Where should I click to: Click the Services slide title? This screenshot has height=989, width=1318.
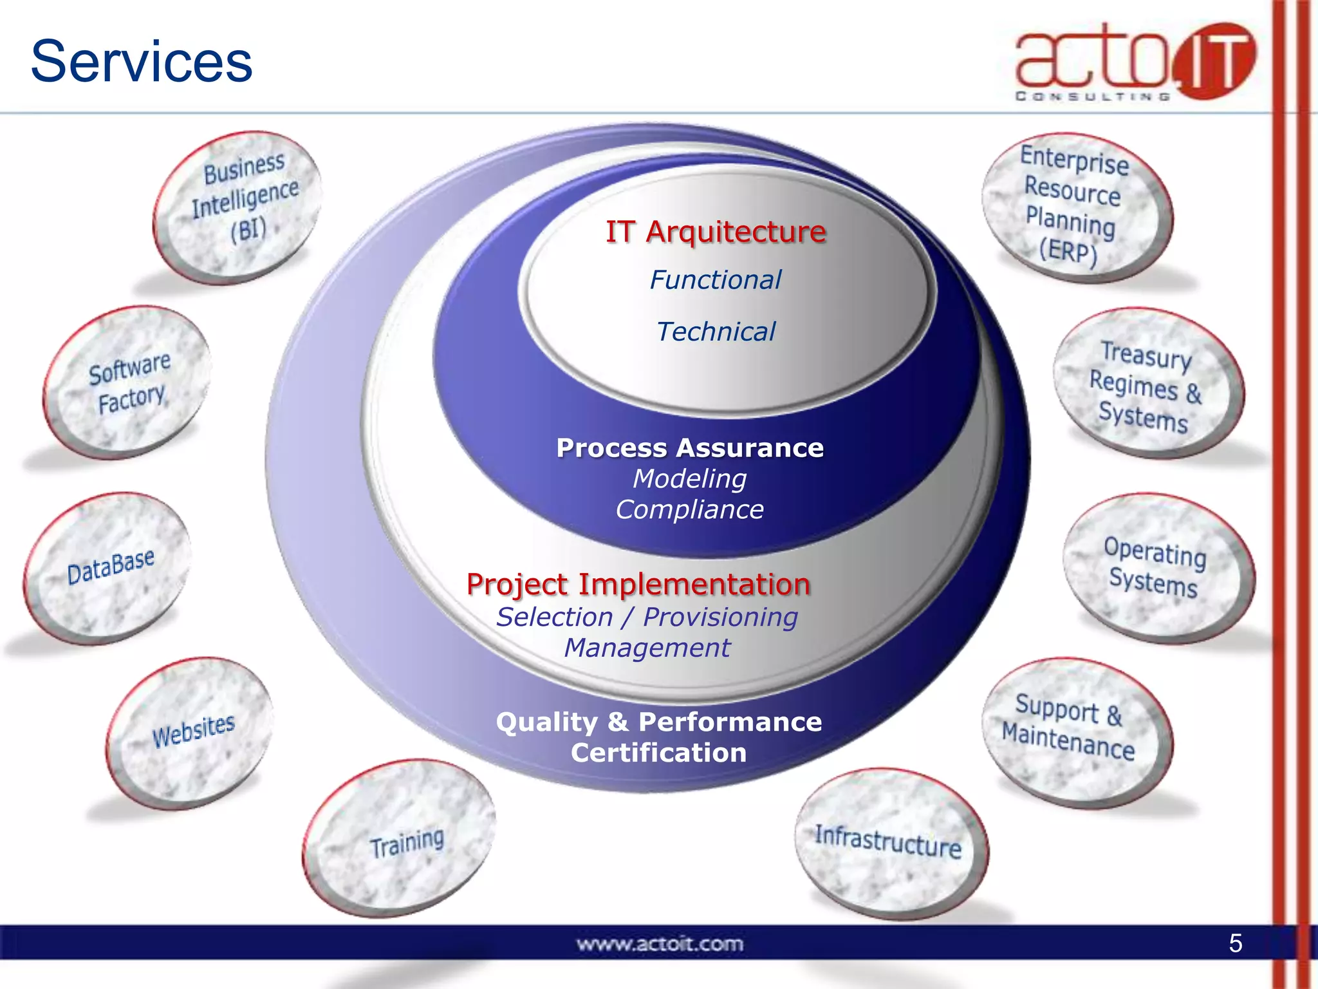[142, 61]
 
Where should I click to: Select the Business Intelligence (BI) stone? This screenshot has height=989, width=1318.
[239, 206]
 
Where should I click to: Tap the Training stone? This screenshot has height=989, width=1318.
[402, 837]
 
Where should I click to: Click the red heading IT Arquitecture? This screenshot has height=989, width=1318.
[716, 232]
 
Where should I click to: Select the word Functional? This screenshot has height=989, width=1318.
[716, 280]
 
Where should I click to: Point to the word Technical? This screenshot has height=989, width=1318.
[716, 332]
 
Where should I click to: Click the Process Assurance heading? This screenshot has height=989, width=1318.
[690, 448]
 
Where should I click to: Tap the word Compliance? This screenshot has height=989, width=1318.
[689, 510]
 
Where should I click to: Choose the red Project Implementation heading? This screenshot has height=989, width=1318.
[638, 585]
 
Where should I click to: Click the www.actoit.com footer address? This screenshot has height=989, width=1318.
[660, 944]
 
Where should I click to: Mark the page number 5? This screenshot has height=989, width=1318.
[1235, 943]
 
